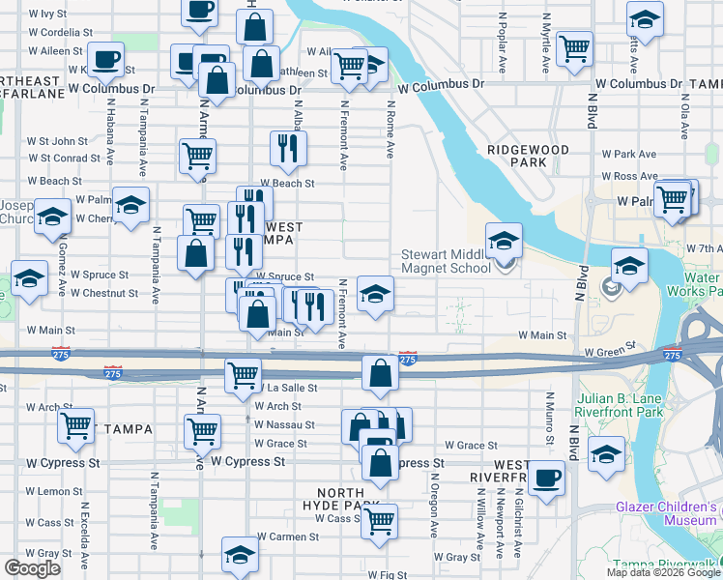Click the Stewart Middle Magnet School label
coord(446,261)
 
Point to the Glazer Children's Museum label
coord(668,513)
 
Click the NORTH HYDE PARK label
coord(340,500)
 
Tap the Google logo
coord(32,568)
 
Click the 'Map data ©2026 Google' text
coord(663,572)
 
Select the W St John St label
coord(57,141)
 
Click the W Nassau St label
coord(285,424)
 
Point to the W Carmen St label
coord(286,536)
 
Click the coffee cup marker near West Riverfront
coord(546,478)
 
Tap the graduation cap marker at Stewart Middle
coord(504,241)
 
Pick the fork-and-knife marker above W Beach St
coord(288,147)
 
